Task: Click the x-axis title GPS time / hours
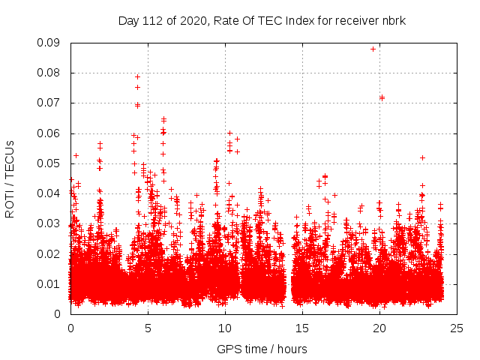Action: [262, 349]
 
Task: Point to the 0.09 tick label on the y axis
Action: [51, 43]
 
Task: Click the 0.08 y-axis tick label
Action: [51, 73]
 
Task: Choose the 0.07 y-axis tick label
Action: [51, 103]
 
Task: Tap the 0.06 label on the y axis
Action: [51, 133]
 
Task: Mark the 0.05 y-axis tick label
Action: [51, 163]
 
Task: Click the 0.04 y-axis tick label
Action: [51, 193]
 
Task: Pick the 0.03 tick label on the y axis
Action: [51, 223]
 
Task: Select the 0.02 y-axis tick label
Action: [51, 253]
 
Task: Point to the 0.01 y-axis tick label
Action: [51, 283]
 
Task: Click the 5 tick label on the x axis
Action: [148, 328]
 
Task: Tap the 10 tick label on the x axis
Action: [225, 328]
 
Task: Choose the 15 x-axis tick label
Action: [302, 328]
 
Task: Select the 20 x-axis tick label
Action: [379, 328]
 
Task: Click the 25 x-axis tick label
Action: [457, 328]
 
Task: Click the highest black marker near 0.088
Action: [373, 49]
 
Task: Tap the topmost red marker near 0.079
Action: [137, 76]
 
